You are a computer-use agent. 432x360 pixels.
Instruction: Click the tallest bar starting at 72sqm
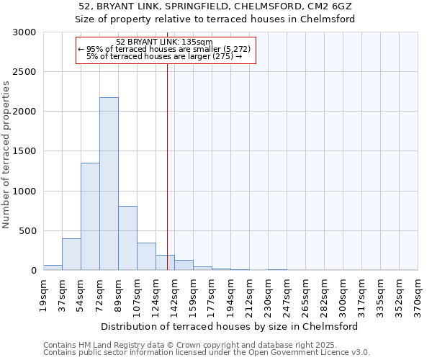point(109,184)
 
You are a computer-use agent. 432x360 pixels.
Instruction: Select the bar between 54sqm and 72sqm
point(90,216)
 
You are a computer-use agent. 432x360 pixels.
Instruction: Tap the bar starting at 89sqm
point(127,238)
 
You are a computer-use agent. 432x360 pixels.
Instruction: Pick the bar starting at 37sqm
point(71,254)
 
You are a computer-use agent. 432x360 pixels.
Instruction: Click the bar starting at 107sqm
point(146,256)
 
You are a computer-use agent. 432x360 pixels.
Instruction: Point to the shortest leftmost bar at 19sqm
point(53,267)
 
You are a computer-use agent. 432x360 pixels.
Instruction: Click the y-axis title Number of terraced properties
point(6,155)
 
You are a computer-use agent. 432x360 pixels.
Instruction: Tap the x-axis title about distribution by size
point(230,326)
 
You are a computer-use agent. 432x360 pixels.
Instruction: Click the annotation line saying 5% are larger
point(164,56)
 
